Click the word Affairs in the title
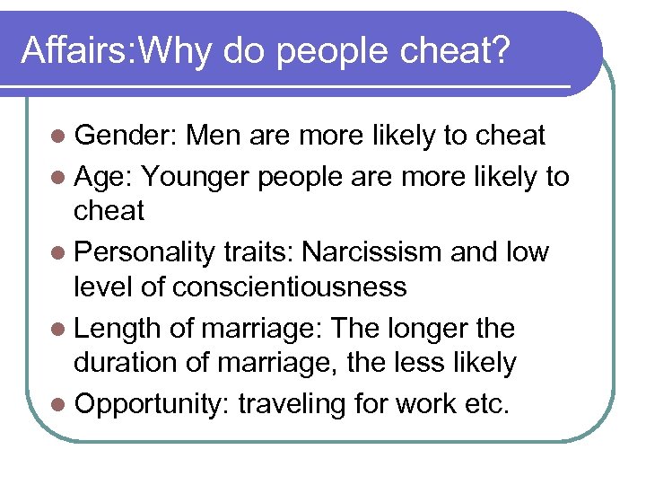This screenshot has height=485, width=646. pos(74,51)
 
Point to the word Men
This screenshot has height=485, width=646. pos(216,136)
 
